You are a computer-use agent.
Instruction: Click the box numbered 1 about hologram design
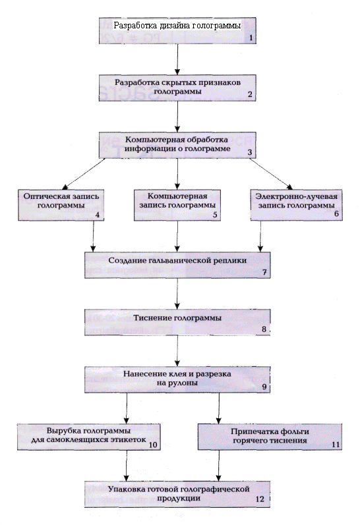tap(177, 31)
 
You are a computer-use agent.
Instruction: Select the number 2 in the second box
tap(250, 94)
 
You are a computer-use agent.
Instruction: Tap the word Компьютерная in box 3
tap(148, 140)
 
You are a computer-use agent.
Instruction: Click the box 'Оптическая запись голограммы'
tap(61, 205)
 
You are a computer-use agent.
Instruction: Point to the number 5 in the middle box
tap(215, 214)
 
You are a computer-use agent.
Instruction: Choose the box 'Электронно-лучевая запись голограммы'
tap(296, 205)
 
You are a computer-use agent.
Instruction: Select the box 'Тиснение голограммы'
tap(177, 322)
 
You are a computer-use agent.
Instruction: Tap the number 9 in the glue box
tap(264, 387)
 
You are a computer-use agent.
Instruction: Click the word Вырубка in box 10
tap(63, 431)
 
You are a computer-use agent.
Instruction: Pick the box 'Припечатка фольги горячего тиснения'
tap(270, 437)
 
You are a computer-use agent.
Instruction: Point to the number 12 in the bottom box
tap(260, 499)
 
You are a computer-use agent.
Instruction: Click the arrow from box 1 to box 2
tap(177, 59)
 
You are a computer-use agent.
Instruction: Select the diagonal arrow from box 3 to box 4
tap(84, 174)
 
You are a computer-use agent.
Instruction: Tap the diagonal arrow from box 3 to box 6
tap(271, 174)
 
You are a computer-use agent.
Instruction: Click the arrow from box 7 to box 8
tap(177, 294)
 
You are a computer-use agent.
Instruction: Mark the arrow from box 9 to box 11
tap(219, 408)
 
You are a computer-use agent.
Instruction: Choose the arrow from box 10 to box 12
tap(127, 466)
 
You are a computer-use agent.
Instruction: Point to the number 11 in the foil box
tap(336, 445)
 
